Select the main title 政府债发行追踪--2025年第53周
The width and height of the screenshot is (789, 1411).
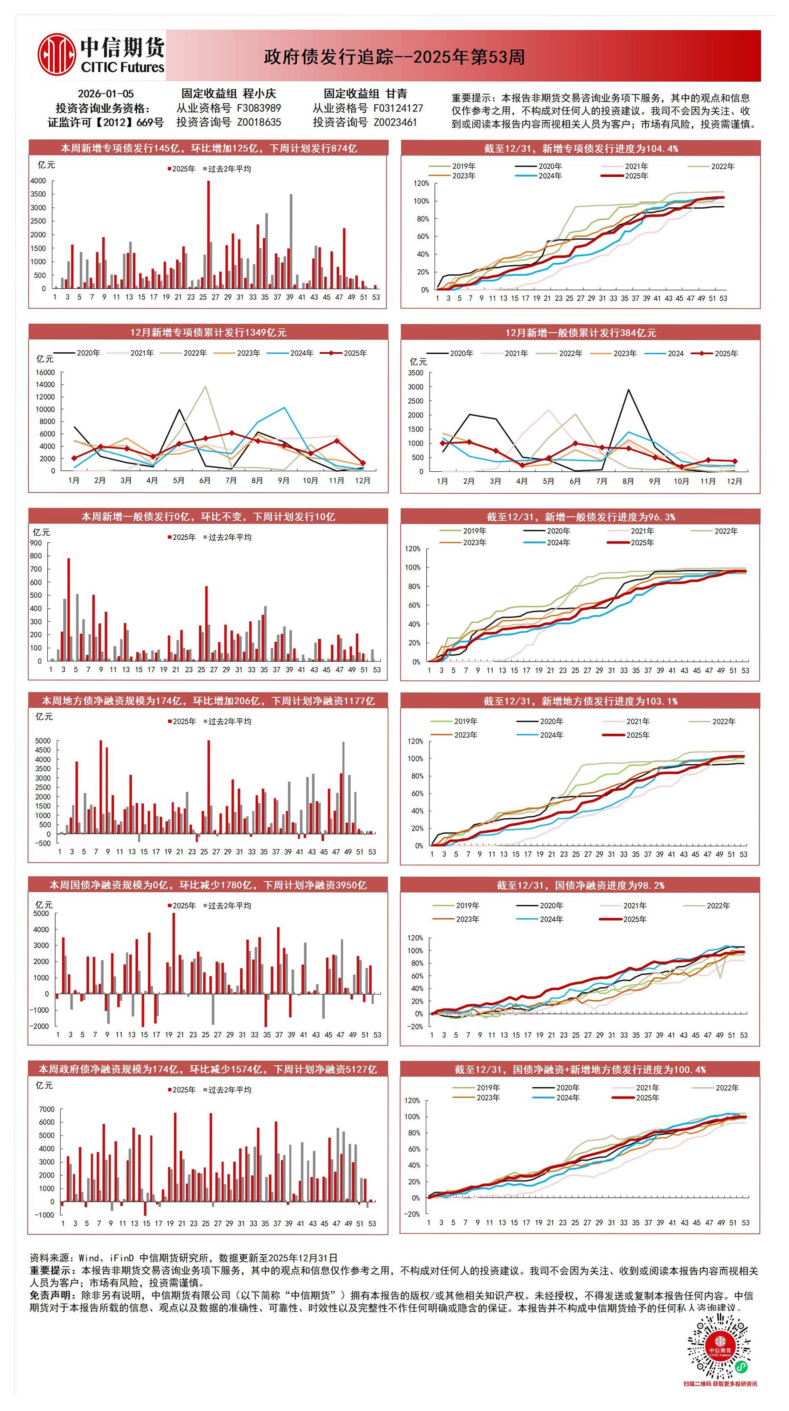click(394, 57)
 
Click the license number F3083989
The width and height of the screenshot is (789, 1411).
click(259, 108)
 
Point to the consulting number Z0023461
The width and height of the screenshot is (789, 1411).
click(395, 122)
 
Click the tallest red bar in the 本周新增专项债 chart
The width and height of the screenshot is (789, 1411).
click(208, 234)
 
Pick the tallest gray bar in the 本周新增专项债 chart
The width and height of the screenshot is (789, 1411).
click(291, 241)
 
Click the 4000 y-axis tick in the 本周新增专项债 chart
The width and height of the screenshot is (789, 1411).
click(38, 181)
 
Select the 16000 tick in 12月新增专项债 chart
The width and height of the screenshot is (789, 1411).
click(46, 373)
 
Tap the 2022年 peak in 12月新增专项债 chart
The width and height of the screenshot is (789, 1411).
click(205, 387)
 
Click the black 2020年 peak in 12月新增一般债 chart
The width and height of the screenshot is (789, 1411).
click(628, 390)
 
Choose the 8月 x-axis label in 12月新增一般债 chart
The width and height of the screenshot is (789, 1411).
click(628, 482)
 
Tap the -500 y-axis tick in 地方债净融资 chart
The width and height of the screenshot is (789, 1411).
click(42, 843)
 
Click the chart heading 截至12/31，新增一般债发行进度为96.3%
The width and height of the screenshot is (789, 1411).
click(580, 517)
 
